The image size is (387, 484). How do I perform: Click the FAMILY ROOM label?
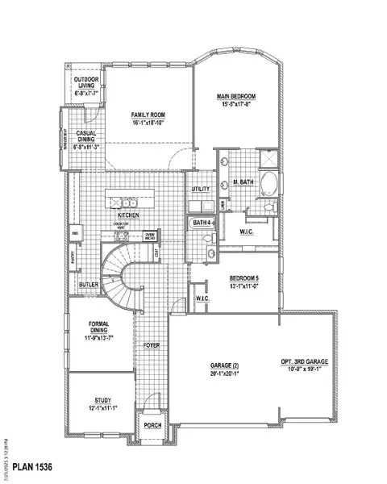148,116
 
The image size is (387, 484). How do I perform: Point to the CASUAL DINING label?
86,136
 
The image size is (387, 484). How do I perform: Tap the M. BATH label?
243,182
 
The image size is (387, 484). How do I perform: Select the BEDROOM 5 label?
243,277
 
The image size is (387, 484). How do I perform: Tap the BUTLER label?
89,285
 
